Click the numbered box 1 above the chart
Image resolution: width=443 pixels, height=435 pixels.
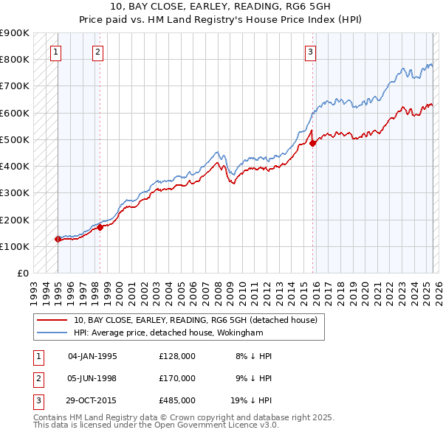tap(57, 52)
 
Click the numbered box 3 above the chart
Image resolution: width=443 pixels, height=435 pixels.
tap(311, 52)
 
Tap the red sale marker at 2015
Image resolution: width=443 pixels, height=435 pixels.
tap(312, 143)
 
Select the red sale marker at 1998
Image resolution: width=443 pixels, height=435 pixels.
tap(100, 227)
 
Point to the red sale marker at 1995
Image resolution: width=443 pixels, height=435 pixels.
tap(58, 239)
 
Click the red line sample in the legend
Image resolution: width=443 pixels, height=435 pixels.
tap(52, 320)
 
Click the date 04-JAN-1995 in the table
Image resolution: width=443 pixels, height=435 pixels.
tap(92, 356)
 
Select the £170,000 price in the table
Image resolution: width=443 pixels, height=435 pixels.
tap(177, 378)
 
